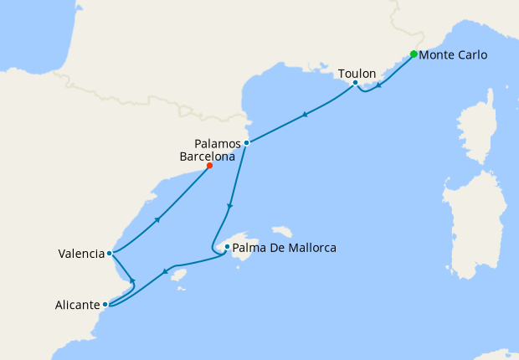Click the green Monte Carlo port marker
(414, 54)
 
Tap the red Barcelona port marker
(209, 166)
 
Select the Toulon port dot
(355, 83)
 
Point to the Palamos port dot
(246, 143)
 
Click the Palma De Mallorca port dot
(227, 247)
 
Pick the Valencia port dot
(110, 253)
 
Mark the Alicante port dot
(105, 305)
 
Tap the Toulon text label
(357, 74)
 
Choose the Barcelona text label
(208, 156)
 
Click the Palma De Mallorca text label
(284, 248)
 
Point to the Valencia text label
(81, 254)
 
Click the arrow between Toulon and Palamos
(305, 114)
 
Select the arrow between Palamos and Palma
(230, 206)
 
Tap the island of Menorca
(283, 231)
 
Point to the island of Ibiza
(177, 275)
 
